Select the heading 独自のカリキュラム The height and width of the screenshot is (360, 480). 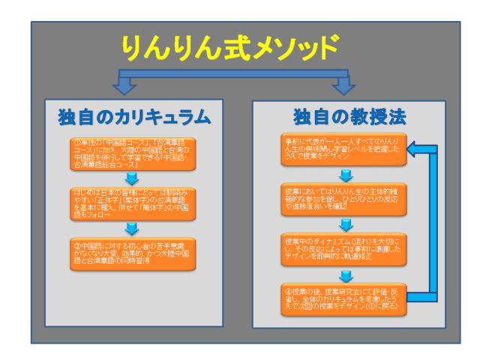(x=133, y=118)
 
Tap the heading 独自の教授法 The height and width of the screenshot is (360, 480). (x=349, y=118)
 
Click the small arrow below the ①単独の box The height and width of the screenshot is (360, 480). (x=132, y=178)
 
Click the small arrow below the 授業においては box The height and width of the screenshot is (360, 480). (x=345, y=223)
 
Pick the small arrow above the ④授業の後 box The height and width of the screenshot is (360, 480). (x=345, y=274)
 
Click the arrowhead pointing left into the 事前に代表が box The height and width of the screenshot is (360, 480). (x=415, y=148)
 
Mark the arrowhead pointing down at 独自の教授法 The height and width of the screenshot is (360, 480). (x=344, y=88)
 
